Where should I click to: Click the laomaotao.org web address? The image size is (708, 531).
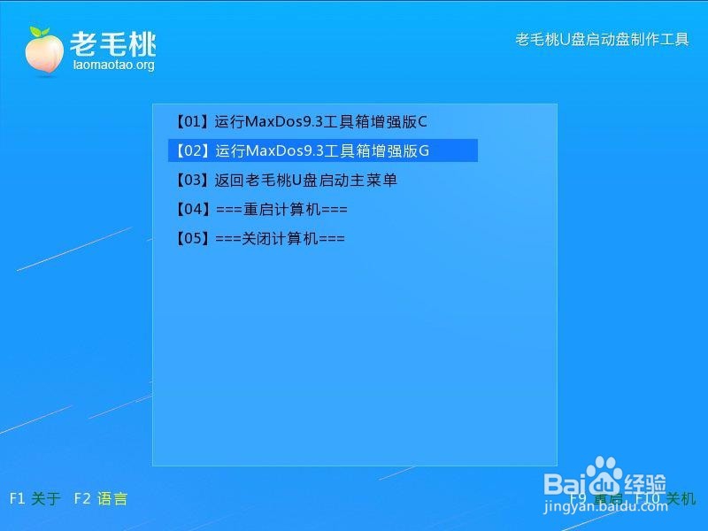tap(113, 65)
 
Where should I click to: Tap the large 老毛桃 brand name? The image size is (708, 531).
tap(113, 42)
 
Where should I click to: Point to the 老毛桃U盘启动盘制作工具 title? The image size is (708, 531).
tap(602, 40)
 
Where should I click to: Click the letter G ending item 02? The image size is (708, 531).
tap(423, 150)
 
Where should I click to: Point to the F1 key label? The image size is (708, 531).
tap(17, 498)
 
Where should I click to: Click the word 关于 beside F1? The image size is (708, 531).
tap(45, 498)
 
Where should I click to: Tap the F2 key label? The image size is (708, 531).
tap(82, 498)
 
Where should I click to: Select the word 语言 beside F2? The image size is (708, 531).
tap(112, 498)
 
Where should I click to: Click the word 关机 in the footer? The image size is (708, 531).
tap(681, 498)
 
